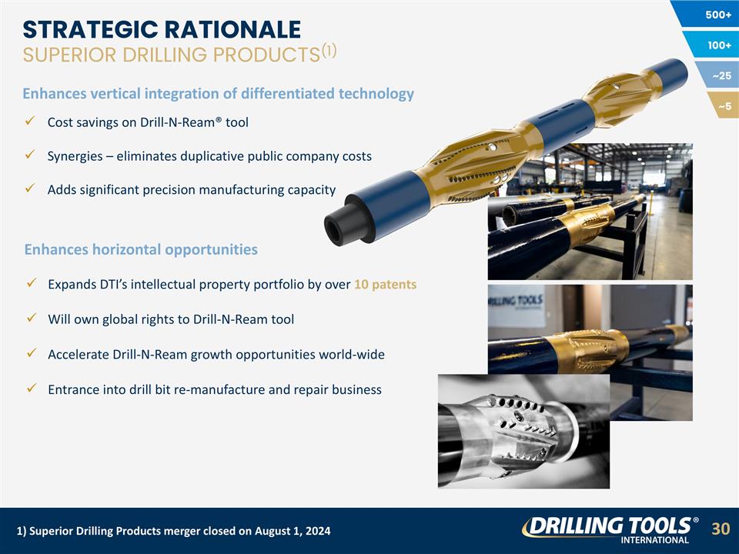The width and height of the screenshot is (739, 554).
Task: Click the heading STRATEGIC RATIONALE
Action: [x=161, y=29]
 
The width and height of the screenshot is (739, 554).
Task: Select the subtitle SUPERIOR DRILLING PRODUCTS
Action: [x=170, y=55]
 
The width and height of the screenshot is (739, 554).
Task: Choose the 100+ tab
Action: [x=718, y=45]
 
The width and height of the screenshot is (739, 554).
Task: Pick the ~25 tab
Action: [x=721, y=75]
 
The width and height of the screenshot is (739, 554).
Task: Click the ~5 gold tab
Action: [x=724, y=105]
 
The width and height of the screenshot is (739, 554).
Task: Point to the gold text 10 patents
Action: [x=385, y=285]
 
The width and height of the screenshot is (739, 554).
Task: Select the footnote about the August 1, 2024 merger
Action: [x=173, y=532]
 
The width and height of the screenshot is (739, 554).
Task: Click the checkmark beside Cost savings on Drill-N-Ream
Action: [x=28, y=122]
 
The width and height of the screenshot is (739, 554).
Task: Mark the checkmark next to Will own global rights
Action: [x=28, y=319]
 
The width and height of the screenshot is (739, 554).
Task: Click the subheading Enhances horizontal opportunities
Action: [x=141, y=249]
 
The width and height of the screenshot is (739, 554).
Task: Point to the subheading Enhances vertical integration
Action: [x=218, y=94]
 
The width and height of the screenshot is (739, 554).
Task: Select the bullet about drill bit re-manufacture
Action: [x=214, y=389]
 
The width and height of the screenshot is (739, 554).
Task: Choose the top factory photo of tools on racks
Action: [x=590, y=212]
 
